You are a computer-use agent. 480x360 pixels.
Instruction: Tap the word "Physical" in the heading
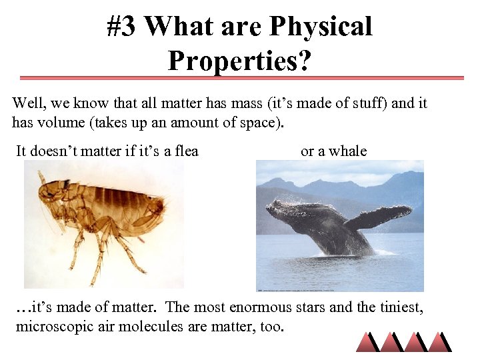(x=319, y=27)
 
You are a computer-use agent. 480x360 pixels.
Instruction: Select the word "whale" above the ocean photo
(x=348, y=151)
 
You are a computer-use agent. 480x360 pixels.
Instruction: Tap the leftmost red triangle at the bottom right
(x=367, y=341)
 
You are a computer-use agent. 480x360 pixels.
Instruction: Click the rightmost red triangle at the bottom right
(x=439, y=341)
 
